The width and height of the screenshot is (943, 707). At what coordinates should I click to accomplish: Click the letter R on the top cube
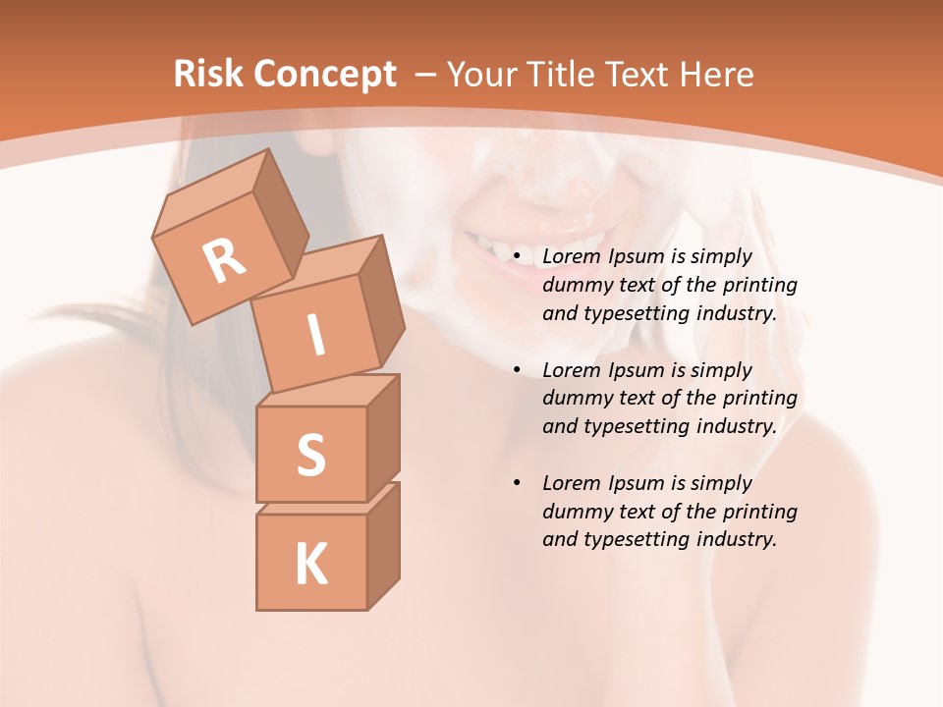(224, 260)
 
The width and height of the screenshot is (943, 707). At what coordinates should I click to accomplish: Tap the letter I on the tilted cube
(315, 336)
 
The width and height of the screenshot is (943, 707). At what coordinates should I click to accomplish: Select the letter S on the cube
(310, 455)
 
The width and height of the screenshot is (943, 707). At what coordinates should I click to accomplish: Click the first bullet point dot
(517, 257)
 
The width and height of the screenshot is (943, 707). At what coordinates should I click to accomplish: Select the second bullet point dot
(517, 371)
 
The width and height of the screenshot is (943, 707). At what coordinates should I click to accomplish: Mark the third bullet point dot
(517, 484)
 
